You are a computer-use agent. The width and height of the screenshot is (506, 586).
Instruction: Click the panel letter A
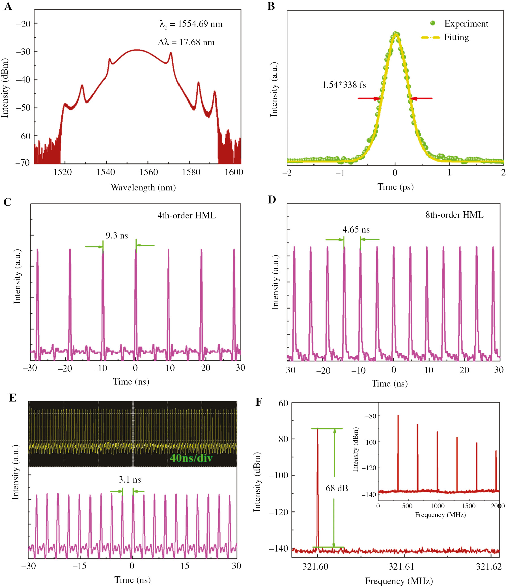8,6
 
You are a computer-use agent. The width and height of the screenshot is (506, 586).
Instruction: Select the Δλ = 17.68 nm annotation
186,42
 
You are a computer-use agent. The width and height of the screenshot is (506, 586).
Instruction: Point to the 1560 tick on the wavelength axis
149,172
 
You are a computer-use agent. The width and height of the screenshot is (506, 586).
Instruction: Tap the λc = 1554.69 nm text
191,24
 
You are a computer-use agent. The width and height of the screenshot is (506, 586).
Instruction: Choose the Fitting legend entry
456,37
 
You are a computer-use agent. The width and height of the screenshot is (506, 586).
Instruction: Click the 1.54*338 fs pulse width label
344,85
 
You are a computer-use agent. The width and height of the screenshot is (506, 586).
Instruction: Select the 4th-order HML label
186,216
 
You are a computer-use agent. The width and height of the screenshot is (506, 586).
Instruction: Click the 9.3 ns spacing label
117,236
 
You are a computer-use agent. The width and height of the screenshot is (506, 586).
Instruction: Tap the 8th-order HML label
454,215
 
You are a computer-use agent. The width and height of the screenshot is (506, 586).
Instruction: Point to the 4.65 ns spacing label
356,229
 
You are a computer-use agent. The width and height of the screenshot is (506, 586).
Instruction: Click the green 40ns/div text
191,458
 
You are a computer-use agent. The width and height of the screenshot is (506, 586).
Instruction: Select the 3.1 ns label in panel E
130,480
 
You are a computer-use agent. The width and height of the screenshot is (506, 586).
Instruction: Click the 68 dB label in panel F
337,488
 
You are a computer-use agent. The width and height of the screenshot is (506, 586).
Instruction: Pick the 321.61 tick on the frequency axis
401,567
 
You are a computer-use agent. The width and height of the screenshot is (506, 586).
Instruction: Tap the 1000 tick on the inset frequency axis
438,506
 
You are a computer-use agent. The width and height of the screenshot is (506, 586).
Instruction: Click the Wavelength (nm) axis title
143,188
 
